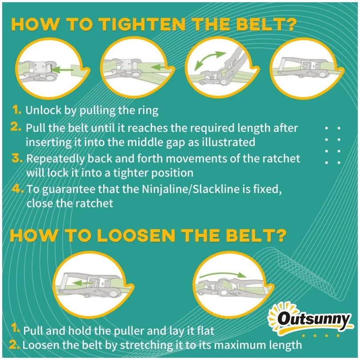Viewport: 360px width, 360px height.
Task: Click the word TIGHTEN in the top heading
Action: pos(143,24)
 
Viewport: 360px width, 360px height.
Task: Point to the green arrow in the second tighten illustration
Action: pos(159,67)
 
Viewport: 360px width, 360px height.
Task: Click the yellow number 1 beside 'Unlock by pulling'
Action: pos(17,110)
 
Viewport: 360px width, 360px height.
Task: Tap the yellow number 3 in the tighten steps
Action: pos(17,158)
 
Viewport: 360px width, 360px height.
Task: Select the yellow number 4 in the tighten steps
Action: pos(18,189)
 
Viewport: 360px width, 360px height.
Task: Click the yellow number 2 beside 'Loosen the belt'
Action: pos(15,344)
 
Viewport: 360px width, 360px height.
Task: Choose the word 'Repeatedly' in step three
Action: pos(56,159)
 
